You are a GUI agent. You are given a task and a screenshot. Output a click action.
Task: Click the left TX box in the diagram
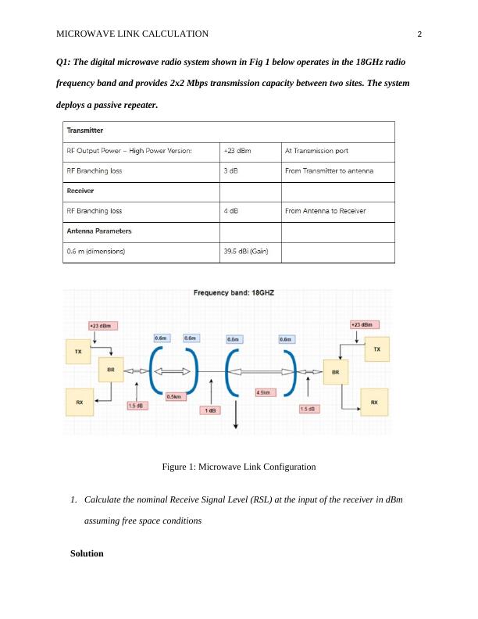77,352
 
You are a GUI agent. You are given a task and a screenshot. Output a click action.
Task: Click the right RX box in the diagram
374,403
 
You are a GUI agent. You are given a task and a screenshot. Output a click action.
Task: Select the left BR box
110,370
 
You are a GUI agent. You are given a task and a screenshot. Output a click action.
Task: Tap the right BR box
336,373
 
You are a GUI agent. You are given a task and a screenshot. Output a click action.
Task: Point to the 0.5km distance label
175,395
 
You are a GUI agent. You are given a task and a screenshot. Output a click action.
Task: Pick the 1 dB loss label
210,410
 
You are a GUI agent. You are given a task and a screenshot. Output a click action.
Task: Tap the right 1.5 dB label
309,408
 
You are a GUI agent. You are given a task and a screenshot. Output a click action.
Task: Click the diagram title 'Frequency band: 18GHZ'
234,293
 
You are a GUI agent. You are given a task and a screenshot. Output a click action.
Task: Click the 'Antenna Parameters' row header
99,231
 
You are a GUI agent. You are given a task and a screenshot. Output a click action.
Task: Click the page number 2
419,34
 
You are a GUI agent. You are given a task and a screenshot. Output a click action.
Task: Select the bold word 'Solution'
87,553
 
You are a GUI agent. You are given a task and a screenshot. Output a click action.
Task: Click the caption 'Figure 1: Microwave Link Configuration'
238,467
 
